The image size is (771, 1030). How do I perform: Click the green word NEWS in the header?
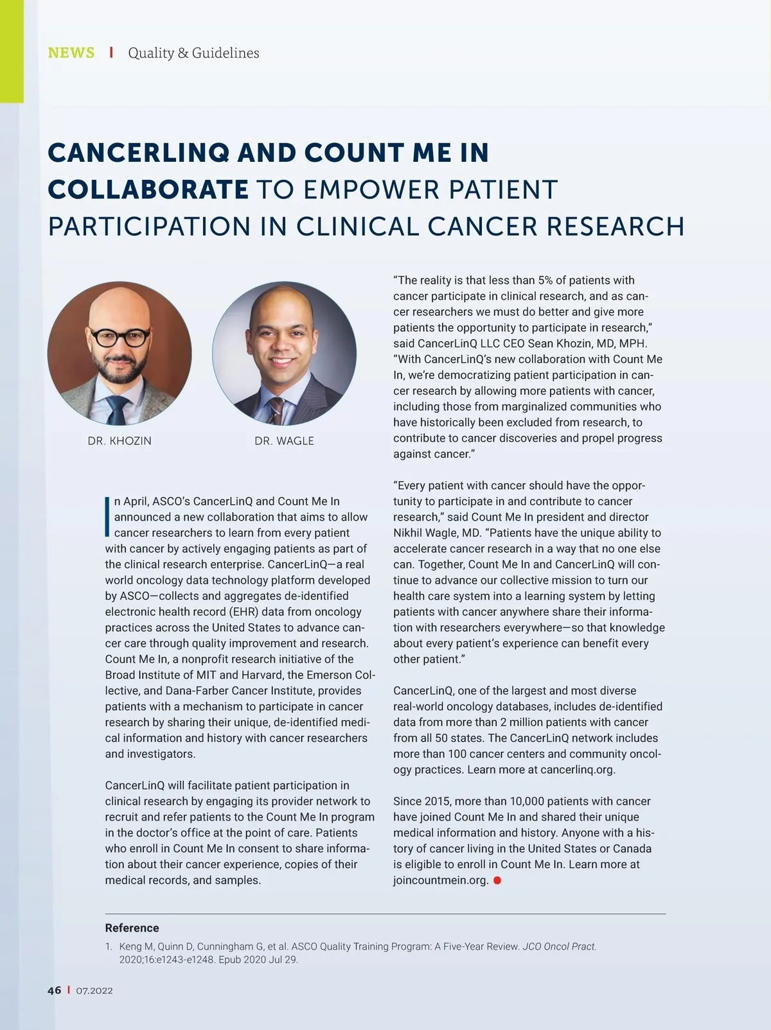tap(71, 53)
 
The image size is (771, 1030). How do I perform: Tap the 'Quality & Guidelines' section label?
tap(193, 53)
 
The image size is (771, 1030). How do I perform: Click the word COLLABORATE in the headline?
tap(148, 189)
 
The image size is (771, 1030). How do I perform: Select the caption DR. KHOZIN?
tap(120, 441)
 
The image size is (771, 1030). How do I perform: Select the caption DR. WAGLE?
tap(284, 441)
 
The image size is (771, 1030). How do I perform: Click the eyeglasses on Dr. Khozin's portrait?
tap(120, 336)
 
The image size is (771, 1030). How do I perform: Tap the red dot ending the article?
tap(497, 880)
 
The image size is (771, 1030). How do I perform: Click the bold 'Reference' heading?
tap(132, 928)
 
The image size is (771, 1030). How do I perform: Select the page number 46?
tap(54, 990)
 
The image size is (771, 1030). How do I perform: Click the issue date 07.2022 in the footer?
tap(94, 991)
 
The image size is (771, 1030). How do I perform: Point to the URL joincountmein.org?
tap(441, 880)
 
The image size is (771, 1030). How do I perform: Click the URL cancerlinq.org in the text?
tap(577, 769)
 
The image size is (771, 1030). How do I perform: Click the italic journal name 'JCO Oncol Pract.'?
tap(559, 947)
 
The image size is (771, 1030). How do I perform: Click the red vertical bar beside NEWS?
tap(111, 53)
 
